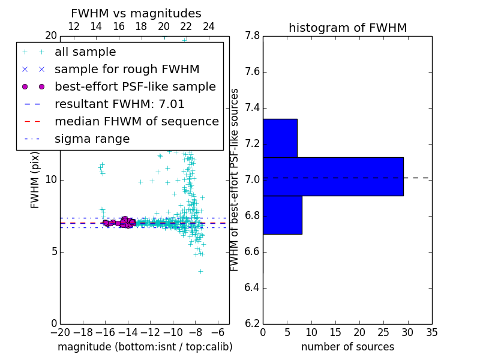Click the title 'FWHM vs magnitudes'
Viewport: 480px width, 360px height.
click(x=136, y=13)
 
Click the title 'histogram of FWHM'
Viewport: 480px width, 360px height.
click(x=347, y=28)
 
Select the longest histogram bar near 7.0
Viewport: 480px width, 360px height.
click(x=333, y=176)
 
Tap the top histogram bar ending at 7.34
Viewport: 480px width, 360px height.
click(x=280, y=138)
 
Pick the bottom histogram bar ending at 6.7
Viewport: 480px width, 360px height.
click(x=282, y=215)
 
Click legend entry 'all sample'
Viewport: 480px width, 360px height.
click(x=85, y=52)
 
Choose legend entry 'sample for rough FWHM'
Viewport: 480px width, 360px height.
click(x=127, y=70)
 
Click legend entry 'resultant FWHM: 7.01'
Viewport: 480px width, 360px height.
click(x=119, y=104)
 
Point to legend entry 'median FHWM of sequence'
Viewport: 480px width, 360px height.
click(x=136, y=121)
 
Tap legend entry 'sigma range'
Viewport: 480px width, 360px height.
click(x=92, y=139)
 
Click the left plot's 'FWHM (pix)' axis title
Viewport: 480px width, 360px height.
click(x=35, y=178)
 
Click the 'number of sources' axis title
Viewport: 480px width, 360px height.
click(x=347, y=347)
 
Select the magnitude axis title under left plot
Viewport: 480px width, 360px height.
click(x=145, y=347)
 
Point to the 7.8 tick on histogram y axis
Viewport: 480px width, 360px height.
click(x=252, y=36)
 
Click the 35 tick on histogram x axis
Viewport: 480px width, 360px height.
click(x=431, y=332)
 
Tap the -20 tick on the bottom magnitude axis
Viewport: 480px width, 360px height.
click(x=60, y=332)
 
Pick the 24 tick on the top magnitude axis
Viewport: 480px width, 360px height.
click(x=209, y=26)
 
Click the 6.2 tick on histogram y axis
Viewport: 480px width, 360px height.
click(x=252, y=323)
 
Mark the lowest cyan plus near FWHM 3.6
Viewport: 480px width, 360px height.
click(x=200, y=271)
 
